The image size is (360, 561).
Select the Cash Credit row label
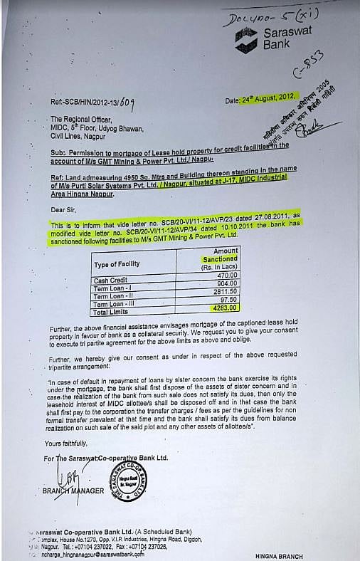coord(112,280)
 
